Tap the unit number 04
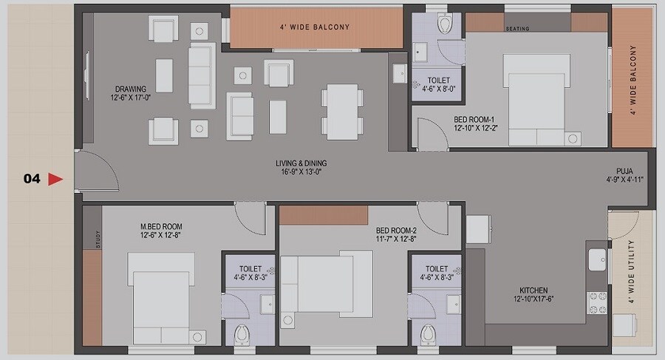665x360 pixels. [x=32, y=179]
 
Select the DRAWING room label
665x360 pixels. [x=130, y=89]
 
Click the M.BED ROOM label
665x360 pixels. [x=161, y=226]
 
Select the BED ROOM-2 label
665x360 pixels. [x=397, y=229]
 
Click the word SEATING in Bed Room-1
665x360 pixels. [x=518, y=30]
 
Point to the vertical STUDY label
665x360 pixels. [x=97, y=238]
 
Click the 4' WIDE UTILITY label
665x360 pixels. [x=631, y=272]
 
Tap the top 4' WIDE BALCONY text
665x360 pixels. [x=314, y=27]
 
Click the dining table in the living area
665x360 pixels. [x=341, y=109]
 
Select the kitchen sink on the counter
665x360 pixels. [x=596, y=259]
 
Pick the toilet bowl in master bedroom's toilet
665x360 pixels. [x=241, y=335]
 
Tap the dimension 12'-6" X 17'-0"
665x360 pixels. [x=130, y=98]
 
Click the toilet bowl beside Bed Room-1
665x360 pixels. [x=444, y=24]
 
